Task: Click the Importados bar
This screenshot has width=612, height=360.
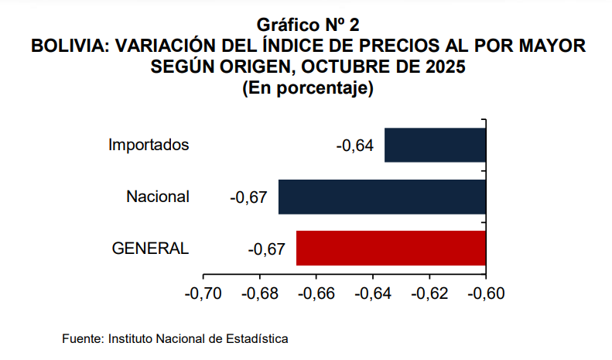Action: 435,145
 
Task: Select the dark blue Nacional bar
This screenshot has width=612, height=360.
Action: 381,197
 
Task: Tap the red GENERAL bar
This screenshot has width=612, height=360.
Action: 391,249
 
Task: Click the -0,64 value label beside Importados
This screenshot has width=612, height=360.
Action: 355,146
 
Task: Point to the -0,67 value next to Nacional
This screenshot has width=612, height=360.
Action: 249,197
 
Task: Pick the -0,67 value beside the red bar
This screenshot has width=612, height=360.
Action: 267,249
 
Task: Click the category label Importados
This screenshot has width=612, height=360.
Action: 149,145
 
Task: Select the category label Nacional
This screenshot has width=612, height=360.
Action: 158,197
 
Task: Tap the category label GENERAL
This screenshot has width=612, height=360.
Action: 150,249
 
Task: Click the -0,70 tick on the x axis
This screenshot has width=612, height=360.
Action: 203,294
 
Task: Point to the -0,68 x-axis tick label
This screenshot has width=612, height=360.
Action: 259,294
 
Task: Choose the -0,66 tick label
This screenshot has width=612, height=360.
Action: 316,294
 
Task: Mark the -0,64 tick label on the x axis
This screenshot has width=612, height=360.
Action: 372,294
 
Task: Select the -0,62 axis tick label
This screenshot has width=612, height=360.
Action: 429,294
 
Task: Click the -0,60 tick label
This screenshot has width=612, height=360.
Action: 485,294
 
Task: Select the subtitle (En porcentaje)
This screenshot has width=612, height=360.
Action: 308,87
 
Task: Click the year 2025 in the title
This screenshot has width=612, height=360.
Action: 444,67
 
